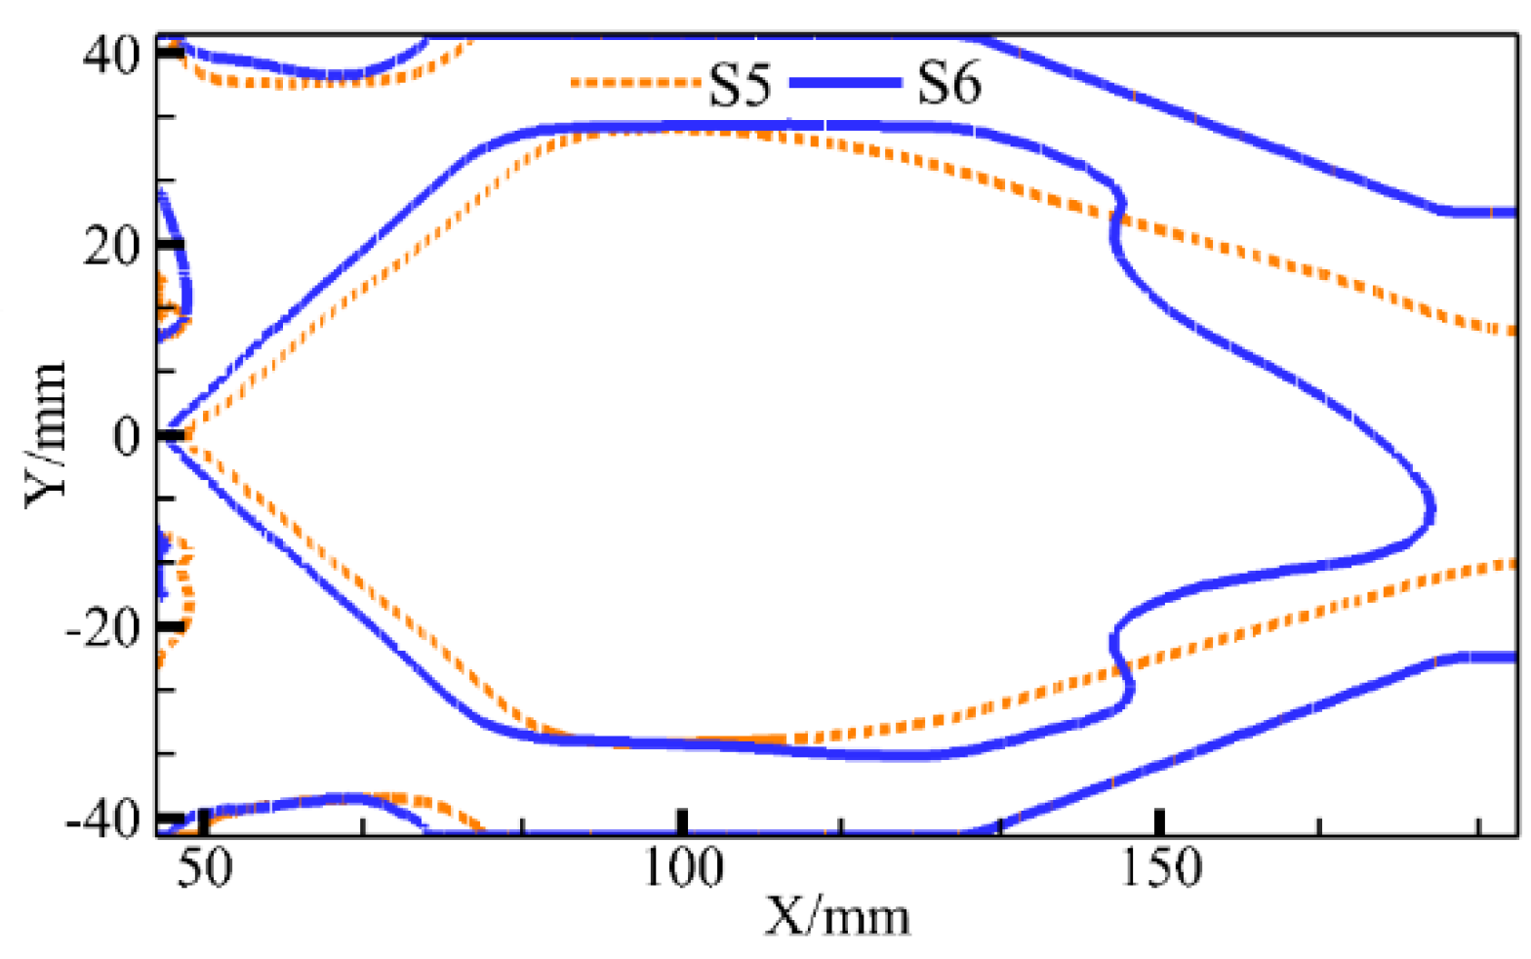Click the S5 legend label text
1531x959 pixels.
[739, 85]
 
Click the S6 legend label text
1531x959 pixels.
[948, 83]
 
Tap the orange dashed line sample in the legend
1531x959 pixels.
[634, 83]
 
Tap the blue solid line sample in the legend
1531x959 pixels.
[844, 83]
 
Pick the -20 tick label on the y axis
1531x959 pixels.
[102, 628]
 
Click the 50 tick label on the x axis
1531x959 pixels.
[205, 867]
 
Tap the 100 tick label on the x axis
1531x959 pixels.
[683, 867]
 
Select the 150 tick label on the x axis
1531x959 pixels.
[1160, 867]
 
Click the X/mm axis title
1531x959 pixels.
[837, 917]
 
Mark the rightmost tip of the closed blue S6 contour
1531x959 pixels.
[1431, 507]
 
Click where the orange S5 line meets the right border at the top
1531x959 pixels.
[1513, 332]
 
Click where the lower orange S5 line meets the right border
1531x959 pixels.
[1513, 563]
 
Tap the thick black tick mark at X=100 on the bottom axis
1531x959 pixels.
[683, 821]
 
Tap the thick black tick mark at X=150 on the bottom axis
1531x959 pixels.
[1160, 821]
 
